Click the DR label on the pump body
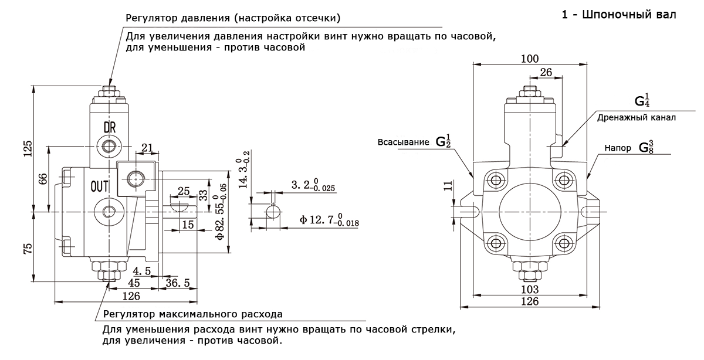(x=110, y=128)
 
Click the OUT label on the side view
(x=99, y=186)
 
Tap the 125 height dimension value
(x=28, y=148)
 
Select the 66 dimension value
(x=43, y=179)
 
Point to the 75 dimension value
(x=28, y=249)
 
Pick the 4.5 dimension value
(x=142, y=271)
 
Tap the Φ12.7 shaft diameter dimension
(x=329, y=220)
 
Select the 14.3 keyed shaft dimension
(x=244, y=170)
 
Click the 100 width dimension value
(x=530, y=59)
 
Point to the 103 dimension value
(x=530, y=289)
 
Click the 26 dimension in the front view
(x=546, y=72)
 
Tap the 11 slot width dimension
(x=448, y=185)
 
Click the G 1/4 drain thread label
(x=642, y=100)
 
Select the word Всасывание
(x=403, y=142)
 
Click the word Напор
(x=618, y=148)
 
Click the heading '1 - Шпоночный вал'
(x=619, y=15)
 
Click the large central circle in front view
(x=499, y=212)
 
